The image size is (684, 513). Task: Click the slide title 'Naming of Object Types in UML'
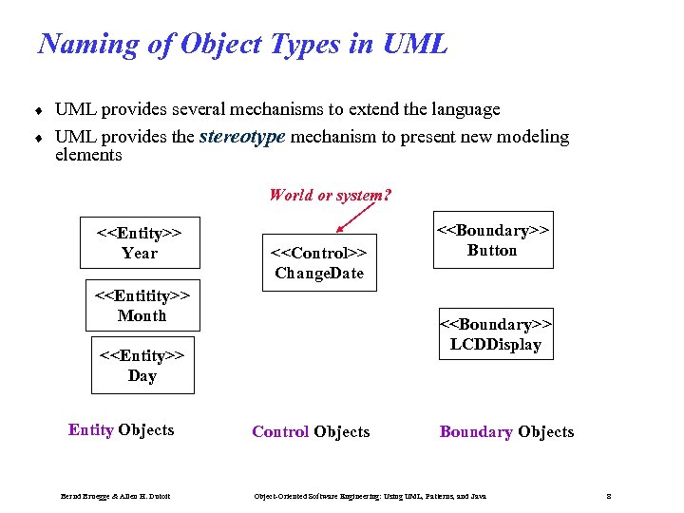(242, 44)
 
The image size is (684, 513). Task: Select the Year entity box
(140, 242)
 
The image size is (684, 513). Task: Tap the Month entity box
(142, 305)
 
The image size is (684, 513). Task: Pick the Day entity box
(142, 365)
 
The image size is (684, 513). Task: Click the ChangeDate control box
(319, 262)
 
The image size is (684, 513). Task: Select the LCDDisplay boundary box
(495, 333)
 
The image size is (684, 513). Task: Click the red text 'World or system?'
(330, 195)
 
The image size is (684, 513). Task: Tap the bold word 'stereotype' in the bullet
(242, 137)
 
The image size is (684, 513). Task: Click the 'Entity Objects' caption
(121, 429)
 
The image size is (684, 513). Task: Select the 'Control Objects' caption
(311, 431)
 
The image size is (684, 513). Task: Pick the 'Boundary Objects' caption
(506, 431)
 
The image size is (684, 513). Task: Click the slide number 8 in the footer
(608, 496)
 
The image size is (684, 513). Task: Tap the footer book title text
(370, 496)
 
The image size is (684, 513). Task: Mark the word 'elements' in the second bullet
(88, 155)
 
